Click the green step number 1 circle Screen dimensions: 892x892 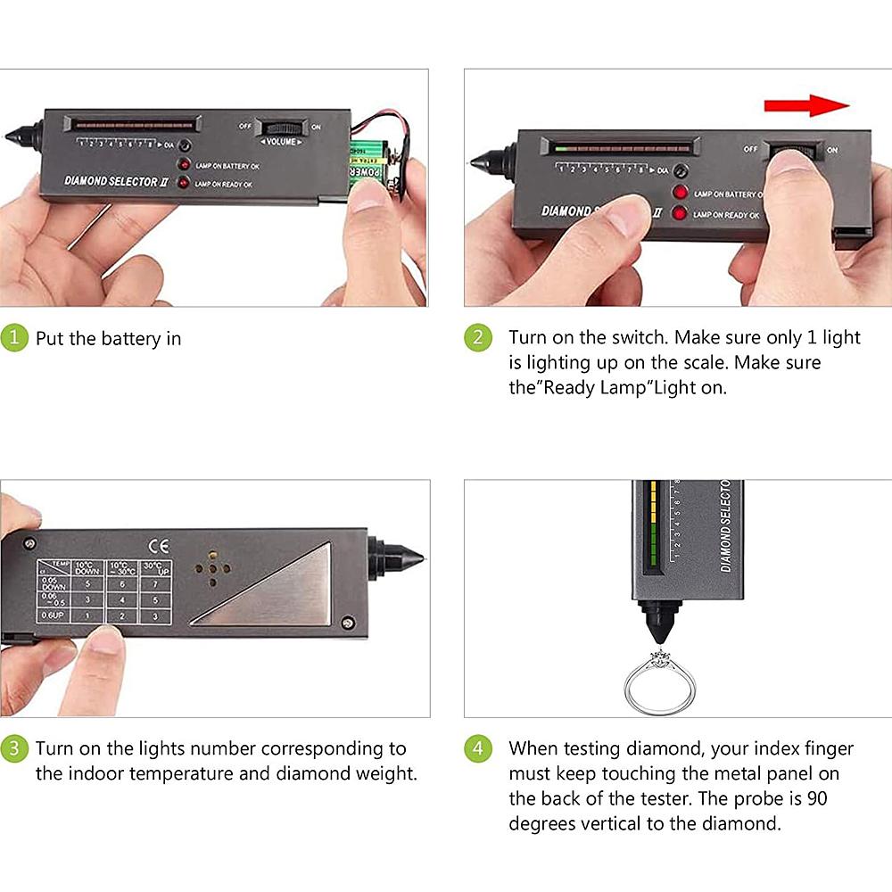tap(13, 338)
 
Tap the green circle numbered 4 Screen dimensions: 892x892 tap(478, 748)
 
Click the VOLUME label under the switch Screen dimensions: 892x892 tap(281, 142)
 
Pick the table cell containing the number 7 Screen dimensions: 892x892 tap(155, 583)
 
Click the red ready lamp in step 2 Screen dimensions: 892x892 tap(681, 213)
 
